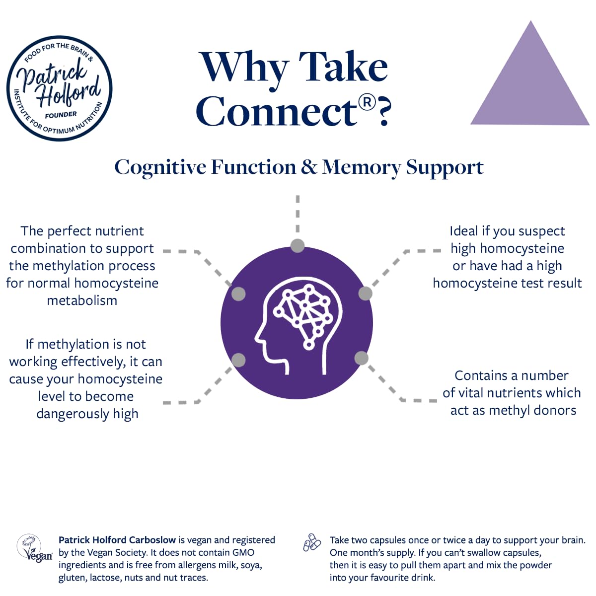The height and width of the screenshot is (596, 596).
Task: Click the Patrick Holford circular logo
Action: tap(60, 88)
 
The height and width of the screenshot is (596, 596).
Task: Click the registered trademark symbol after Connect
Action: tap(367, 102)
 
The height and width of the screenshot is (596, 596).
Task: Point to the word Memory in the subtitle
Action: tap(362, 167)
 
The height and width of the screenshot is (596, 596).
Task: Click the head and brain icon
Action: tap(297, 323)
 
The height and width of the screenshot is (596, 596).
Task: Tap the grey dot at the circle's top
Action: tap(298, 245)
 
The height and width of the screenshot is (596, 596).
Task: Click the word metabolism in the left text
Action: tap(82, 300)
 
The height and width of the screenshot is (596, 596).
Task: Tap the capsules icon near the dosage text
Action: tap(312, 542)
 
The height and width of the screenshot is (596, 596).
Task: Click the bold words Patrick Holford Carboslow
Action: tap(117, 540)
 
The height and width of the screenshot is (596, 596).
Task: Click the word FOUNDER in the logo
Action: tap(61, 115)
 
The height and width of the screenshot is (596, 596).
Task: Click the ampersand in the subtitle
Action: tap(309, 167)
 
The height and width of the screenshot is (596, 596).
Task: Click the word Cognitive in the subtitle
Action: tap(160, 167)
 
